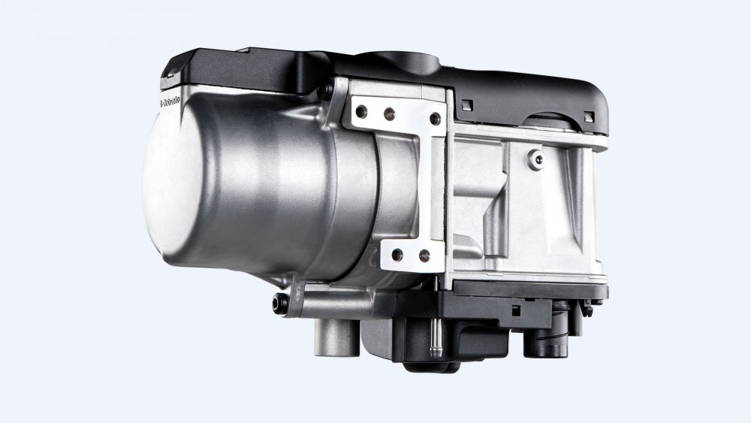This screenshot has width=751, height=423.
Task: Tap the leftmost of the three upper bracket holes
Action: click(x=362, y=111)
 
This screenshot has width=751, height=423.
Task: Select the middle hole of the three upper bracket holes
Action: click(x=389, y=114)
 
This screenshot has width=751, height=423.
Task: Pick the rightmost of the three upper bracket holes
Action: click(x=434, y=119)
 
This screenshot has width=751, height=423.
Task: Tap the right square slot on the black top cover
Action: click(x=589, y=116)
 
